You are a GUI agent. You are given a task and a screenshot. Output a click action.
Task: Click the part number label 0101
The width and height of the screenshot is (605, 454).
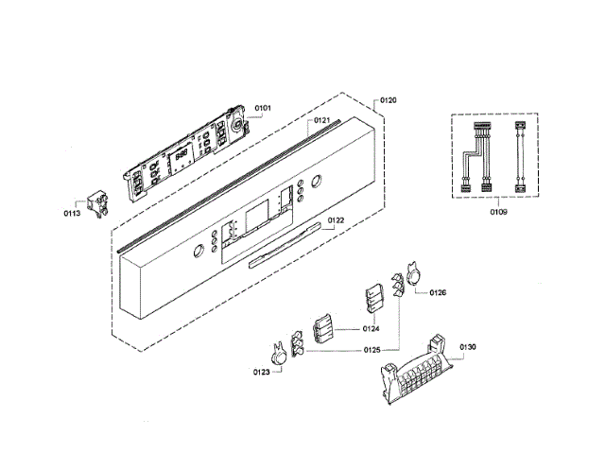pos(263,108)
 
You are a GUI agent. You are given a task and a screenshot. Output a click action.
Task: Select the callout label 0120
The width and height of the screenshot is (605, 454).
pos(389,100)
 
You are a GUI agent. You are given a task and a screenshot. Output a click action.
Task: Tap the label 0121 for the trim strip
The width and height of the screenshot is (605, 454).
pos(321,120)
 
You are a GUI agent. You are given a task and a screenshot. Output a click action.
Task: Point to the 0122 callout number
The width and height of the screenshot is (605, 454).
pos(336,220)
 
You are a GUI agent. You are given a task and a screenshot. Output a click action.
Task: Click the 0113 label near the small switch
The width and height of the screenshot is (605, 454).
pos(72,214)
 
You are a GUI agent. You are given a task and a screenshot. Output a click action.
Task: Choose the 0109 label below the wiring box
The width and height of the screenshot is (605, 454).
pos(498,212)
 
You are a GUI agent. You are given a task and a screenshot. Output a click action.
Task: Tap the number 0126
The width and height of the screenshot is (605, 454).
pos(438,292)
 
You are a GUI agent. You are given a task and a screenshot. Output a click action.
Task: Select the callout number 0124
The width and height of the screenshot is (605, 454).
pos(371,329)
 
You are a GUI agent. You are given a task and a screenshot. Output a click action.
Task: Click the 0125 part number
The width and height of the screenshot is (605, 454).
pos(372,350)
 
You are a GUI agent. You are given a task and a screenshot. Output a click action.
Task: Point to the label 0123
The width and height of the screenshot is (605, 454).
pos(261,372)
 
